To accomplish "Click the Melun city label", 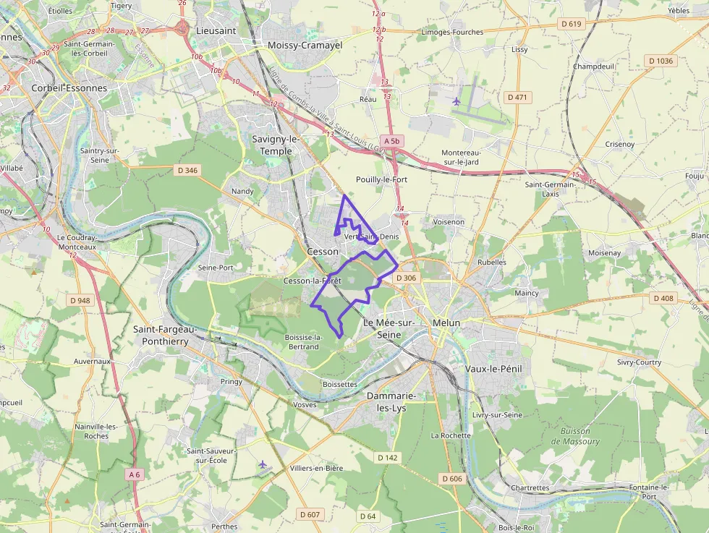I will (x=446, y=323).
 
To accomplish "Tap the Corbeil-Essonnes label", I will (x=69, y=88).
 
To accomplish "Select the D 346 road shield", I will (x=187, y=171).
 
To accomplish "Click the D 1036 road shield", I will (x=661, y=61).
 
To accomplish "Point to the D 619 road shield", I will (x=571, y=24).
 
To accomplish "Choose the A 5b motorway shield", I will (x=392, y=141).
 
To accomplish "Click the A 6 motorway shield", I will (x=133, y=474).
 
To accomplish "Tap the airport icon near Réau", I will (x=456, y=101).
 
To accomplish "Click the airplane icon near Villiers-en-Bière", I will (x=262, y=464).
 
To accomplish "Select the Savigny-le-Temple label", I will (x=276, y=145).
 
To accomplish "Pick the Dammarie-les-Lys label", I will (x=391, y=402).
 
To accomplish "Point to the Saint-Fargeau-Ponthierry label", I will (x=161, y=335).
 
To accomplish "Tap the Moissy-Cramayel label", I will (x=305, y=45).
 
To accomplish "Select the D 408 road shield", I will (x=663, y=298).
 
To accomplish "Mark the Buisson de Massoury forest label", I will (x=575, y=436).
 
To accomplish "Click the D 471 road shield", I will (x=517, y=97).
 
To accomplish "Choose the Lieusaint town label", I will (x=216, y=31).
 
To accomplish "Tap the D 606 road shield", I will (x=451, y=479).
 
